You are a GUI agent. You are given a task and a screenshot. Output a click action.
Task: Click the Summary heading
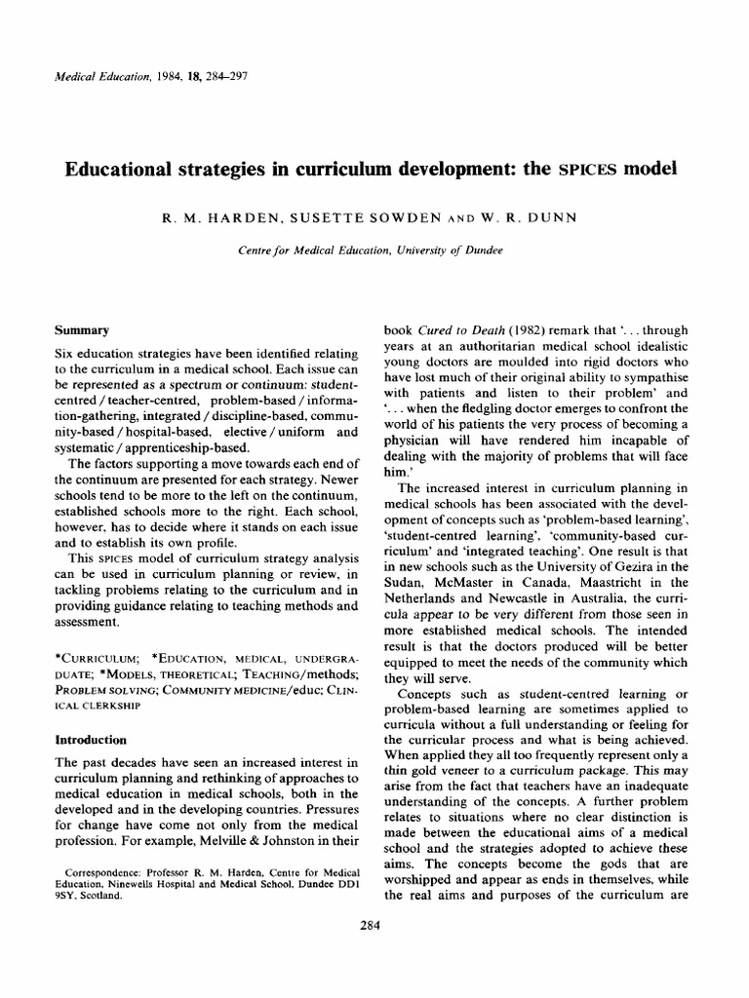[x=82, y=330]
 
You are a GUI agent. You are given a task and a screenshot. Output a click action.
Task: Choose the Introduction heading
[x=92, y=740]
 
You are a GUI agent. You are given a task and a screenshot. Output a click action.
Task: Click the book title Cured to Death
[x=457, y=330]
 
